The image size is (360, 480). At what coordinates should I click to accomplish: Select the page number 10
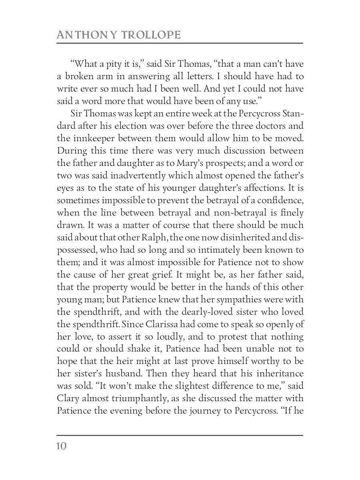61,446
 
